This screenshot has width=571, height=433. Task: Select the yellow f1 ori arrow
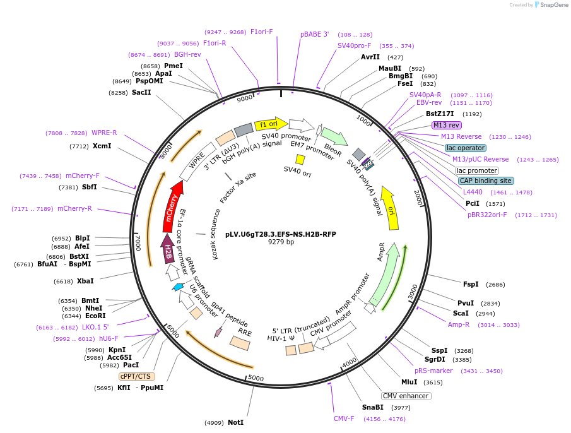coord(271,124)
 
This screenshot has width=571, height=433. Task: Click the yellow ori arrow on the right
coord(391,208)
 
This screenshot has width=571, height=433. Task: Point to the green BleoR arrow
coord(333,136)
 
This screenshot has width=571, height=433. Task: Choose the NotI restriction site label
coord(235,422)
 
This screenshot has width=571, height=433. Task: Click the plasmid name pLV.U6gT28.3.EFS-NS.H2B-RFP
coord(281,234)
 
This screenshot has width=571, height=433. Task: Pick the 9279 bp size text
coord(281,242)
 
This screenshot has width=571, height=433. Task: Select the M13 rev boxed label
coord(446,125)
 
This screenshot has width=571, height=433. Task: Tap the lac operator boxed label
coord(465,148)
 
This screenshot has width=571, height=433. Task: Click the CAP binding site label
coord(485,181)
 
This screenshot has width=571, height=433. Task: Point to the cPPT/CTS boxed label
coord(137,376)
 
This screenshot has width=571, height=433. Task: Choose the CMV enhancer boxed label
coord(406,396)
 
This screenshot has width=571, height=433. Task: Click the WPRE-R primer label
coord(104,133)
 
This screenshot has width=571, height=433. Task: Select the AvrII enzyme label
coord(370,57)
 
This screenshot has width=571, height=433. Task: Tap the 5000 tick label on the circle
coord(256,377)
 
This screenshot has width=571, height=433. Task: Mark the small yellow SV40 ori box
coord(300,160)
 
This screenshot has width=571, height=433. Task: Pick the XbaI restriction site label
coord(85,281)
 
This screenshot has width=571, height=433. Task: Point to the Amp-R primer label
coord(459,324)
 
